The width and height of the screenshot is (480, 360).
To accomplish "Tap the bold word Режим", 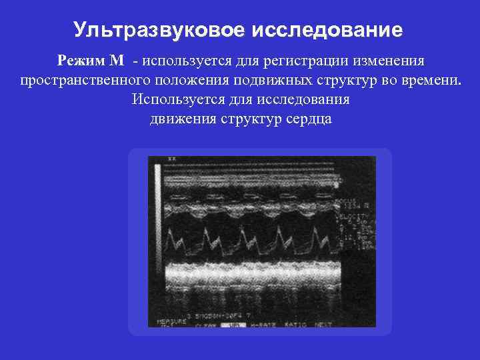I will point(81,61).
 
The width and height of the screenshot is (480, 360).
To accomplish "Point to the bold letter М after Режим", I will point(117,61).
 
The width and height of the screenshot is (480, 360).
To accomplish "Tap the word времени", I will point(429,81).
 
